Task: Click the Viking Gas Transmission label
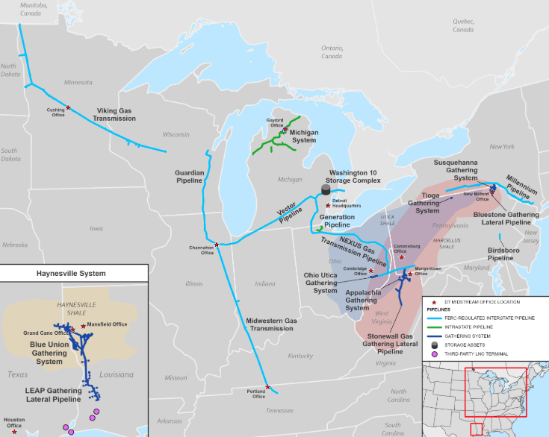pyautogui.click(x=115, y=114)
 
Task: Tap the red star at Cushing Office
pyautogui.click(x=69, y=108)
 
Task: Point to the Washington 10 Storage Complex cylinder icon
pyautogui.click(x=325, y=190)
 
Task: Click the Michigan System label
pyautogui.click(x=304, y=136)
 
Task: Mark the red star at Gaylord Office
pyautogui.click(x=285, y=130)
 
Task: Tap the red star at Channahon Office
pyautogui.click(x=217, y=245)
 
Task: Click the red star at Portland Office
pyautogui.click(x=267, y=386)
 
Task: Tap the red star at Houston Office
pyautogui.click(x=14, y=431)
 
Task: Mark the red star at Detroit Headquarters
pyautogui.click(x=327, y=205)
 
